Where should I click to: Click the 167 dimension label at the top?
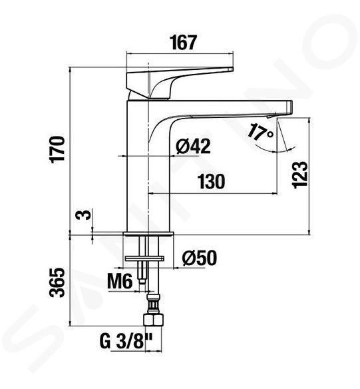pos(184,43)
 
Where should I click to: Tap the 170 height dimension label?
pos(57,149)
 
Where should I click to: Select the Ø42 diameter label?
pos(193,146)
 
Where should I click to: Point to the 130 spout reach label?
pos(212,181)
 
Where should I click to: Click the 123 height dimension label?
pos(300,175)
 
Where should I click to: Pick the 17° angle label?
pos(260,132)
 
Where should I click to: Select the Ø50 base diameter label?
pos(200,258)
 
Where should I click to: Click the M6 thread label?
pos(120,281)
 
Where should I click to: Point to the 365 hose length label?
pos(57,282)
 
